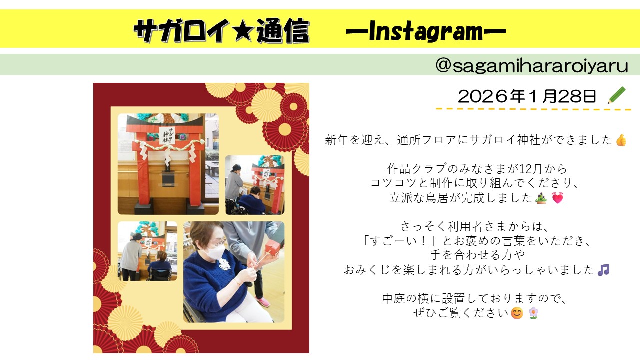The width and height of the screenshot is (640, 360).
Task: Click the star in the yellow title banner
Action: click(243, 31)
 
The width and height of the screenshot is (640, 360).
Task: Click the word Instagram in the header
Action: click(426, 31)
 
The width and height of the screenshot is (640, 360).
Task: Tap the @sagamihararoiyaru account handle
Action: click(531, 65)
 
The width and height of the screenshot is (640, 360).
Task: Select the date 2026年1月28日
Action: click(527, 96)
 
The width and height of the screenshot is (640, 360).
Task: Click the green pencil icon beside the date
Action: click(616, 95)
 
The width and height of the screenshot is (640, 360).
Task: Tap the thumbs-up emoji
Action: click(621, 140)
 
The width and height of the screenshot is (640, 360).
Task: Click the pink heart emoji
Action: click(557, 198)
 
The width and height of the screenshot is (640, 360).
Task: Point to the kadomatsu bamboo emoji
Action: click(541, 198)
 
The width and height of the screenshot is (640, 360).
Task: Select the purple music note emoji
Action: click(603, 270)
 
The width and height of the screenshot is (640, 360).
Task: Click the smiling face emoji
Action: click(517, 313)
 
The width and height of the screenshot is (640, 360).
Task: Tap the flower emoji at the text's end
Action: click(533, 313)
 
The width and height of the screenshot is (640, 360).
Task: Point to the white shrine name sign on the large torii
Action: click(167, 135)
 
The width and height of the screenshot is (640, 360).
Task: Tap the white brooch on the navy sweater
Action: click(224, 264)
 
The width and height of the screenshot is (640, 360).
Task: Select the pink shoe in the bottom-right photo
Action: click(263, 302)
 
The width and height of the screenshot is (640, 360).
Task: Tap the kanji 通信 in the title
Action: click(283, 31)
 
